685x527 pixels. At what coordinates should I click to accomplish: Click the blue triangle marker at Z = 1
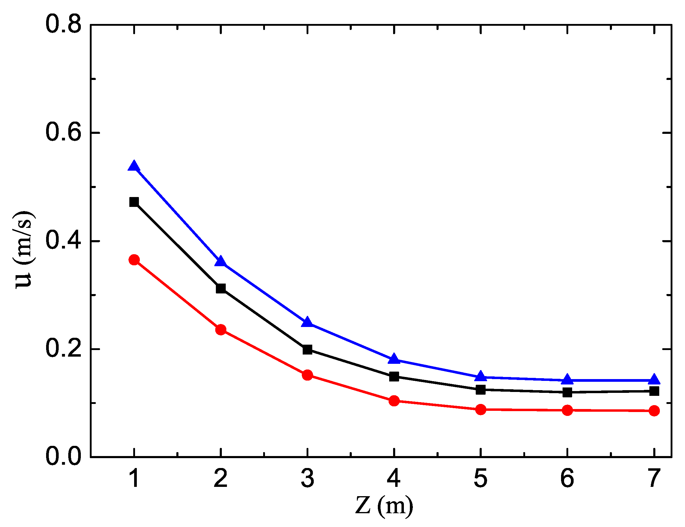click(134, 166)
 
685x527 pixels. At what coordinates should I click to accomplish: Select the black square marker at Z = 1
click(134, 202)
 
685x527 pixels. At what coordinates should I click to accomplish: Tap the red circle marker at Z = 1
click(134, 260)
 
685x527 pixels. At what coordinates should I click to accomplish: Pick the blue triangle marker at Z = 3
click(307, 322)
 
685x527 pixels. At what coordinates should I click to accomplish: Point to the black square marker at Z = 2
click(221, 288)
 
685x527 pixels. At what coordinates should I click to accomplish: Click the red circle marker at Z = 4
click(394, 401)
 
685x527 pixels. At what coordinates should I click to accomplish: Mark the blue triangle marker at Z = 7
click(654, 379)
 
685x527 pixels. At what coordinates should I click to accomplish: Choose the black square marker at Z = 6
click(567, 392)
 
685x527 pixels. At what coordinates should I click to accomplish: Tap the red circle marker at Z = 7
click(654, 411)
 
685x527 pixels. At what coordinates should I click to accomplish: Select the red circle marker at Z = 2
click(221, 330)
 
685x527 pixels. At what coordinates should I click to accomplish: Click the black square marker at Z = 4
click(394, 376)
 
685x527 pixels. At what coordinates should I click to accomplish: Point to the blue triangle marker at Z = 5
click(481, 376)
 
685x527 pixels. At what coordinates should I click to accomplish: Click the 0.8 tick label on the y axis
click(63, 25)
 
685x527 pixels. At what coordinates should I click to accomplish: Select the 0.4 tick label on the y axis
click(63, 241)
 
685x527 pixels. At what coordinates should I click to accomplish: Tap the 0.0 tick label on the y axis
click(63, 456)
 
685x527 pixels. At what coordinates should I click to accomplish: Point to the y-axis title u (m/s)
click(24, 249)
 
